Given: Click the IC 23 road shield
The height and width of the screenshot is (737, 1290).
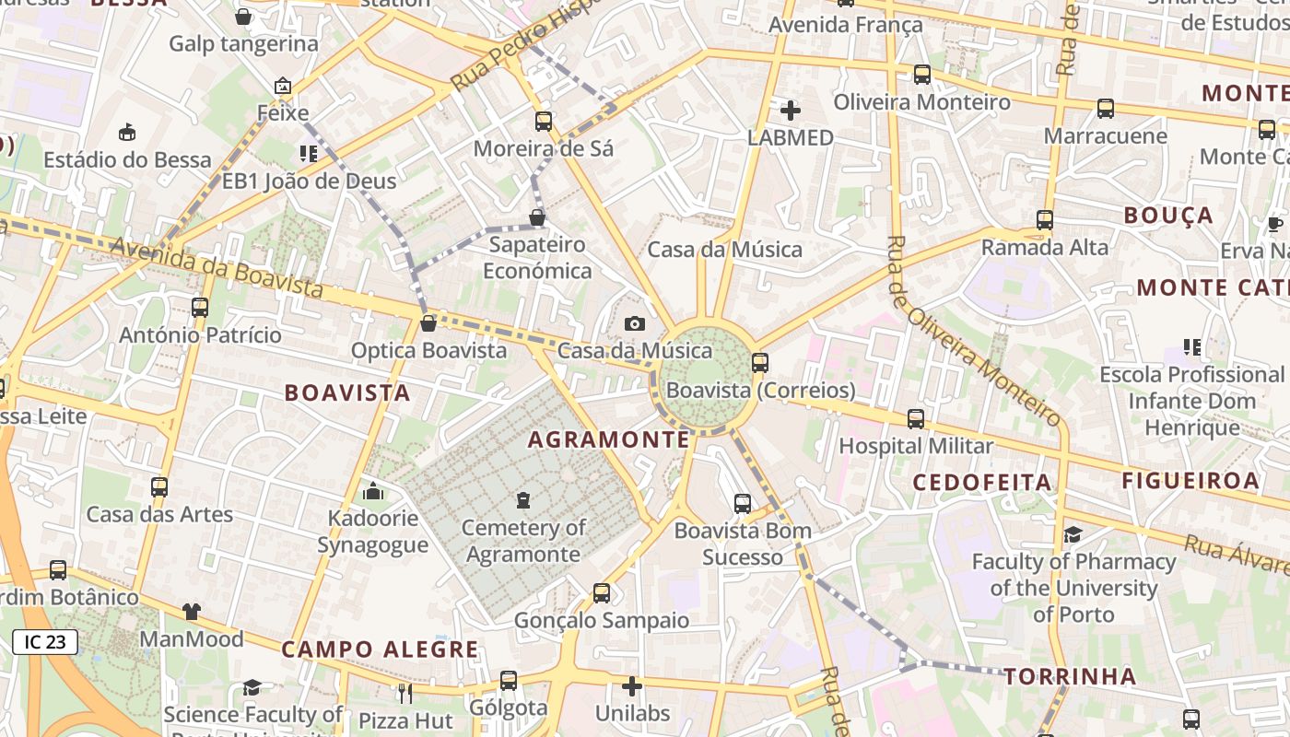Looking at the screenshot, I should tap(45, 642).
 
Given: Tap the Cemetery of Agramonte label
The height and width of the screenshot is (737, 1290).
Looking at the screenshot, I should tap(523, 541).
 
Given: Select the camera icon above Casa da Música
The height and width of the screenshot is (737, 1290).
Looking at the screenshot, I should tap(635, 323).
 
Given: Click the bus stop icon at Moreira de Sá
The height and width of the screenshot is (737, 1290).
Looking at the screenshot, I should tap(544, 121).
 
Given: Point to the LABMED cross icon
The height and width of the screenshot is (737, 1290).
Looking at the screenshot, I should tap(790, 111).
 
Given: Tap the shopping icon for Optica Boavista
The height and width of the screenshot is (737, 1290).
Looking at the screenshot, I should tap(428, 323).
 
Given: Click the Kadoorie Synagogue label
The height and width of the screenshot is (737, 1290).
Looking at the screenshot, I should tap(373, 532).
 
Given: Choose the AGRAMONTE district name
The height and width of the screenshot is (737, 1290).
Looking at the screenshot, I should tap(608, 440).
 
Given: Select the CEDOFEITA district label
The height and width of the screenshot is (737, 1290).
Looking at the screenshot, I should tap(968, 483).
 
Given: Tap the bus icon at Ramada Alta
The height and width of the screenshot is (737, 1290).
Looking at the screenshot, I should tap(1044, 220).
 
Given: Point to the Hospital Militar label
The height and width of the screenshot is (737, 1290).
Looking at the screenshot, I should tap(916, 447).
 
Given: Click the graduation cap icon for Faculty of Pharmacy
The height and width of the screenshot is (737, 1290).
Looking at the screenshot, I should tap(1073, 535).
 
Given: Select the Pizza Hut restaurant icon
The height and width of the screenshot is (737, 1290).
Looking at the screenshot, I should tap(405, 692).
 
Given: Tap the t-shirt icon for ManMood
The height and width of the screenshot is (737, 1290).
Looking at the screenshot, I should tap(191, 611).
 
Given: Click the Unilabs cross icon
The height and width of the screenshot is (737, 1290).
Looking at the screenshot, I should tap(632, 686).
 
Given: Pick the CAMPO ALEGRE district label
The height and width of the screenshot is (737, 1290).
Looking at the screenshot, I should tap(381, 649).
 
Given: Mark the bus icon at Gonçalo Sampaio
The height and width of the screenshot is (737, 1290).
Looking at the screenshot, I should tap(602, 592).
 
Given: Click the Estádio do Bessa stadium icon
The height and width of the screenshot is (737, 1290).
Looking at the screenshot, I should tap(127, 132).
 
